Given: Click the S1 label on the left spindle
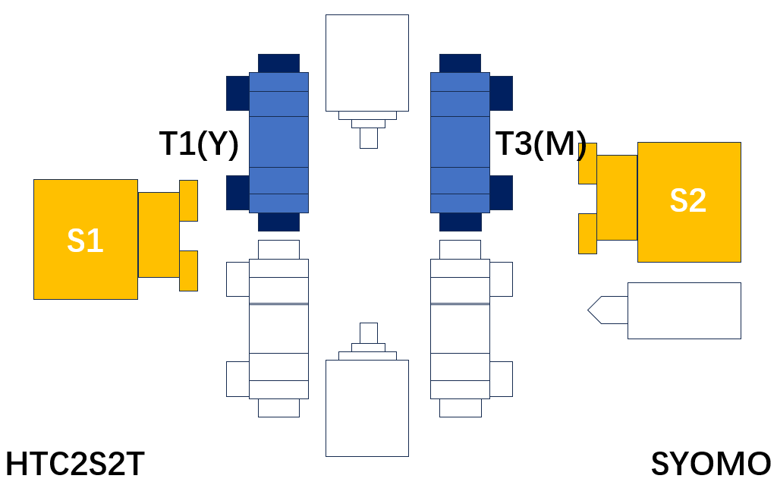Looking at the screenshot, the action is pos(85,241).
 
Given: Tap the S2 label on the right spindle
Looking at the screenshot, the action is pos(687,200).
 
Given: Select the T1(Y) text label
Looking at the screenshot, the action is pos(199,144).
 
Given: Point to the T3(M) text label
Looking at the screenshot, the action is pos(541,144).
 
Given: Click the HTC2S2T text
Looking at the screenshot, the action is pos(75,465).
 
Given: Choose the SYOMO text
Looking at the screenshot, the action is pos(711,465).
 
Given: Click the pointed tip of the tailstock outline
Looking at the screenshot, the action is pos(588,310).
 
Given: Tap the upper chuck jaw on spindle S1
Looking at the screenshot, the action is pos(188,201).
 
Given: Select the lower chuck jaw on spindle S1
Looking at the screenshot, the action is pos(188,271).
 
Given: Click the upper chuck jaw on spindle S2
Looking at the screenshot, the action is pos(588,164).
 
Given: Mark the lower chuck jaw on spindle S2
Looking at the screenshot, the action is pos(588,234).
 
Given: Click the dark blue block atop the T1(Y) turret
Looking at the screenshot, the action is pos(278,64).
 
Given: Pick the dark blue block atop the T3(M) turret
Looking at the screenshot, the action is pos(460,64).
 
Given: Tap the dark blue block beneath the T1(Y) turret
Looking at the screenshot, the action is pos(278,222).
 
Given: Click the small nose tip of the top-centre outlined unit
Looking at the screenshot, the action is pos(369,138).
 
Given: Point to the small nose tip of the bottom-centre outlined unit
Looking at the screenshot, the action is pos(369,333).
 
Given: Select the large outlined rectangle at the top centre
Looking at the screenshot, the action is pos(367,63).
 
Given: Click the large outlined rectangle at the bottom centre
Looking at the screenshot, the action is pos(367,408).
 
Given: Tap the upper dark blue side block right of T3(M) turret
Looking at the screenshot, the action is pos(501,93).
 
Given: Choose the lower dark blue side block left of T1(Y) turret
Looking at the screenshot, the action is pos(238,193).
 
